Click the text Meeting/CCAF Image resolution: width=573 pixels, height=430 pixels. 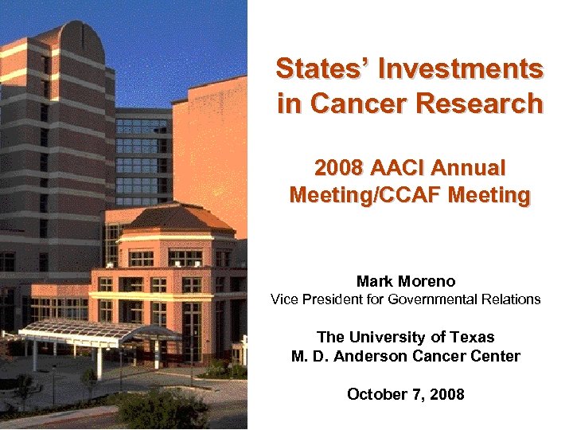[x=368, y=194]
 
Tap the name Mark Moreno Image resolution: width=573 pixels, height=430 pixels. [x=405, y=281]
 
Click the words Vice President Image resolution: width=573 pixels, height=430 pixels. [x=319, y=299]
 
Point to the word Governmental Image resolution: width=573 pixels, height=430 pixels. [x=442, y=299]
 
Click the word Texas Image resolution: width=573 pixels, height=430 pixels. [x=472, y=337]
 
